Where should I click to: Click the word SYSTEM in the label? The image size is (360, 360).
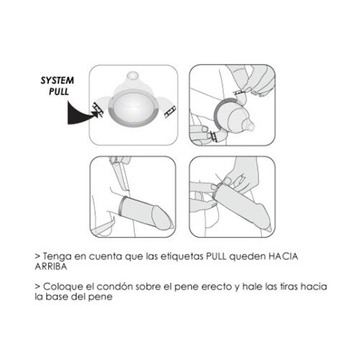click(x=57, y=81)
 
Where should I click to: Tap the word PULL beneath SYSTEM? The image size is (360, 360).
click(x=59, y=91)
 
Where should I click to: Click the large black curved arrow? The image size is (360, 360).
click(x=81, y=114)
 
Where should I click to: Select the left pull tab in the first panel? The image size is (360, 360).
click(x=98, y=109)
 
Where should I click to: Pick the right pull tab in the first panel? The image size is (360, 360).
click(x=170, y=112)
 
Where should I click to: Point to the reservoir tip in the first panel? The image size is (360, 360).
click(x=132, y=75)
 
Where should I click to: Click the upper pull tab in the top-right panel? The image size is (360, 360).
click(x=240, y=91)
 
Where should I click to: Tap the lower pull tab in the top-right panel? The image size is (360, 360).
click(x=214, y=137)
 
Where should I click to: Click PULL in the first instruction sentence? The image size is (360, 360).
click(x=216, y=256)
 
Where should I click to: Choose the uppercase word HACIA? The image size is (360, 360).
click(x=283, y=256)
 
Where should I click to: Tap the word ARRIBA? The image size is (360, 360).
click(x=50, y=266)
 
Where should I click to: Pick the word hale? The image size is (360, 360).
click(x=252, y=287)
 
